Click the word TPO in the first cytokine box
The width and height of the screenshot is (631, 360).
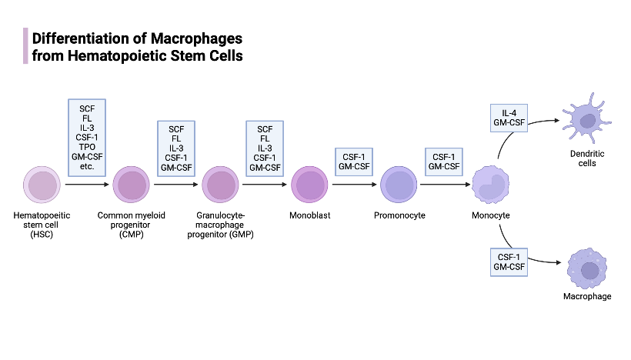87,146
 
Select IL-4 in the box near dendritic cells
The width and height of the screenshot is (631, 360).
509,113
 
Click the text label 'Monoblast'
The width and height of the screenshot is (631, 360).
310,215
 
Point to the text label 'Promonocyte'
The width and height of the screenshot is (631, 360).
399,215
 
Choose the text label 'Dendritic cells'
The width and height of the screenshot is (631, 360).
588,158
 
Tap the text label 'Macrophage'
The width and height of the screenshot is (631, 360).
588,296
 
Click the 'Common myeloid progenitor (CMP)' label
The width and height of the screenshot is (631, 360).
132,225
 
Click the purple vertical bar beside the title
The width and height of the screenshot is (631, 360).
25,46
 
